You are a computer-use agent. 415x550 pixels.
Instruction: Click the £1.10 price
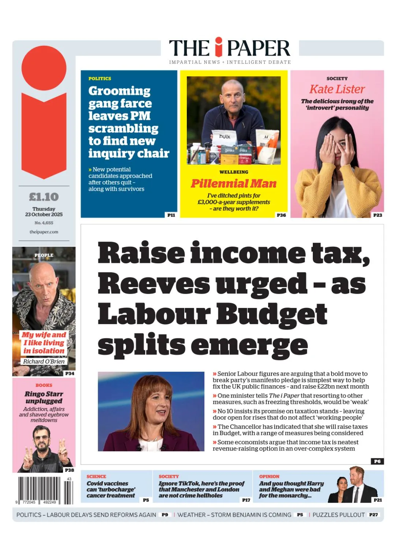[44, 197]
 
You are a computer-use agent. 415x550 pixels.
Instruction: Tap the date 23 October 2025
[44, 214]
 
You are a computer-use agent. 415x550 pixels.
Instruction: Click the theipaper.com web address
[44, 232]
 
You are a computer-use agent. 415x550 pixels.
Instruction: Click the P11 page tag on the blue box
[171, 215]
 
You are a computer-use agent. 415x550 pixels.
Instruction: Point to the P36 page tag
[281, 215]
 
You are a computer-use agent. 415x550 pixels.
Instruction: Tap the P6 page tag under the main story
[377, 461]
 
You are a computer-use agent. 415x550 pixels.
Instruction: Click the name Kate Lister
[337, 89]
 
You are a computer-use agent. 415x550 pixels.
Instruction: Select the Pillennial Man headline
[234, 183]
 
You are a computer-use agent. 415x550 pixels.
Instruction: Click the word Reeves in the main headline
[154, 283]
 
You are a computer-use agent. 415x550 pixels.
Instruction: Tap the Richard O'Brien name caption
[44, 362]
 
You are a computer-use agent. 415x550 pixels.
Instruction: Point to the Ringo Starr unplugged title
[44, 397]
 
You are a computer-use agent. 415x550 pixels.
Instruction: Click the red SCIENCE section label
[96, 476]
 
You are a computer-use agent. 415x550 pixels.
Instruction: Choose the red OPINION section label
[269, 476]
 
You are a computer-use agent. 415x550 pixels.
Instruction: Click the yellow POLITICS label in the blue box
[100, 78]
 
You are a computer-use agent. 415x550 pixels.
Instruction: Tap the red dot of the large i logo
[44, 68]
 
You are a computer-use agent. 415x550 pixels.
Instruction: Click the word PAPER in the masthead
[258, 48]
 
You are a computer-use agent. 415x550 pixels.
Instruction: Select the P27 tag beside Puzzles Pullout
[373, 515]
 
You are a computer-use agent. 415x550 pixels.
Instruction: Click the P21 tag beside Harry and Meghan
[378, 500]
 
